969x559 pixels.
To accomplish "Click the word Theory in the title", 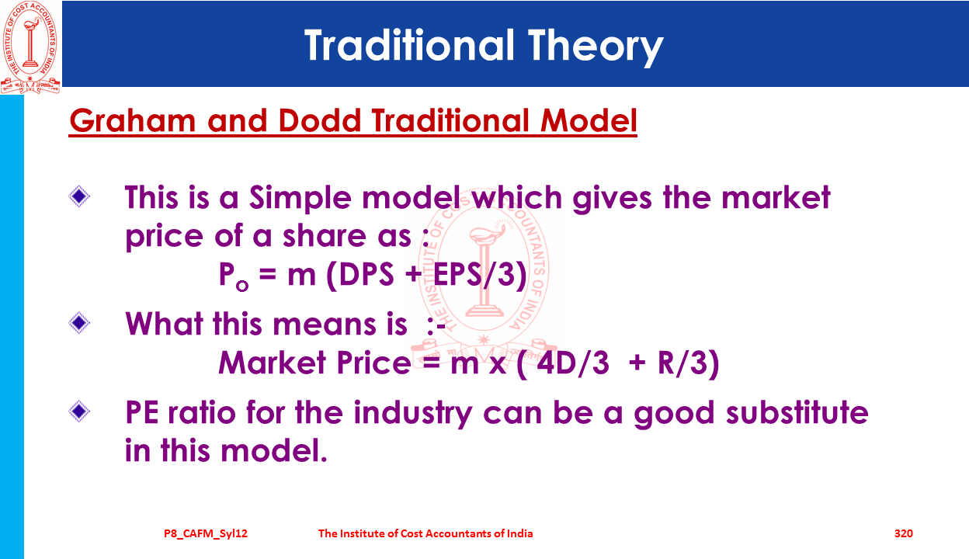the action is pyautogui.click(x=596, y=47).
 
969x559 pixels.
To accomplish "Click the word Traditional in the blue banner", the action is pyautogui.click(x=409, y=44).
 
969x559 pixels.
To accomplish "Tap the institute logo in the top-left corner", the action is pyautogui.click(x=30, y=47).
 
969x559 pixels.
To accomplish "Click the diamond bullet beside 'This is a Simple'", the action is pyautogui.click(x=79, y=196).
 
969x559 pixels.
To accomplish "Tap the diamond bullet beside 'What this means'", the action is pyautogui.click(x=79, y=323).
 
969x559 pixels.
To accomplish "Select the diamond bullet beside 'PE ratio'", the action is pyautogui.click(x=79, y=411).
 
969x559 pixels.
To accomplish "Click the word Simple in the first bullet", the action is pyautogui.click(x=300, y=199).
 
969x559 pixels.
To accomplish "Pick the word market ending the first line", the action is pyautogui.click(x=776, y=197).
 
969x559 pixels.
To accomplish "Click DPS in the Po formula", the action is pyautogui.click(x=366, y=274).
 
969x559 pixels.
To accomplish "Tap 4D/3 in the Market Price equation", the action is pyautogui.click(x=573, y=363).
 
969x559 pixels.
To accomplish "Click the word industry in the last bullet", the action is pyautogui.click(x=413, y=414).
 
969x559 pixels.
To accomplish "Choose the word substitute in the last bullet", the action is pyautogui.click(x=797, y=412).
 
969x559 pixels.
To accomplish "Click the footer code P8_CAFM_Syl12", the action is pyautogui.click(x=206, y=533).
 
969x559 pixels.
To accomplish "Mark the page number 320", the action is pyautogui.click(x=904, y=533).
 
